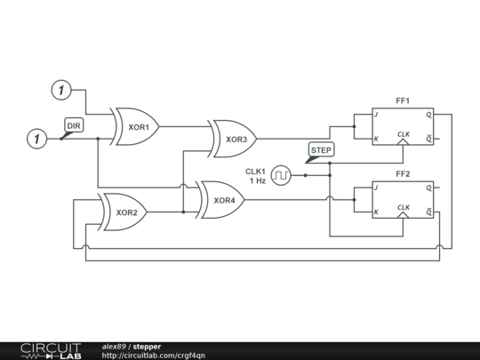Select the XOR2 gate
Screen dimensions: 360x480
point(125,212)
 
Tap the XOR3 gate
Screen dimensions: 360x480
point(235,139)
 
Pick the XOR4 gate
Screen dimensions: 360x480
point(223,200)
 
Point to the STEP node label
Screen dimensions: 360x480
point(320,150)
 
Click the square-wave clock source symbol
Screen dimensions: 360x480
point(282,175)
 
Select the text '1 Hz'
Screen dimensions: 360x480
point(258,180)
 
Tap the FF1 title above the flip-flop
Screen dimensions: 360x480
point(403,101)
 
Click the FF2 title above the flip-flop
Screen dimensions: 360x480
point(403,174)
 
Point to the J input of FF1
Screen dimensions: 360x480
point(376,115)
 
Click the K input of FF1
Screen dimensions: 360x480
point(376,139)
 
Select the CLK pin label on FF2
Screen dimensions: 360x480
point(404,207)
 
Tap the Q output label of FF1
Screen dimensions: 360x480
point(428,115)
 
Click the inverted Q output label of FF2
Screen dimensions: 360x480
point(428,212)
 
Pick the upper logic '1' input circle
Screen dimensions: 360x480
point(60,90)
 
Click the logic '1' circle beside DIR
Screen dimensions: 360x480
point(36,139)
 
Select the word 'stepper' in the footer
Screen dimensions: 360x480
point(148,346)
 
